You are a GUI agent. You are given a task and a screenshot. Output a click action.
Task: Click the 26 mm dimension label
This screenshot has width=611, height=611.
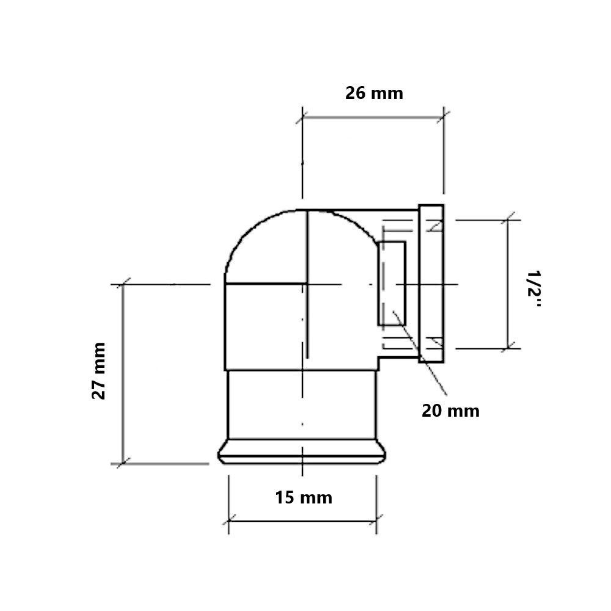pyautogui.click(x=374, y=93)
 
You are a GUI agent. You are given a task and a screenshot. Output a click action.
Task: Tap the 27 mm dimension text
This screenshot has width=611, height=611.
pyautogui.click(x=99, y=371)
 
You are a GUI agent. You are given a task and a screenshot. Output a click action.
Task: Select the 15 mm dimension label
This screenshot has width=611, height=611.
pyautogui.click(x=304, y=497)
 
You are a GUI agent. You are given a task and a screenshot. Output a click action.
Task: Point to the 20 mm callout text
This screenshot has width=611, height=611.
pyautogui.click(x=450, y=411)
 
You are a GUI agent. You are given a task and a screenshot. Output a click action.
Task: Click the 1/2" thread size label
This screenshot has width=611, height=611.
pyautogui.click(x=534, y=289)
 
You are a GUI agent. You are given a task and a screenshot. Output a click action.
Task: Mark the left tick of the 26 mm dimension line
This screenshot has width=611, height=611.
pyautogui.click(x=302, y=117)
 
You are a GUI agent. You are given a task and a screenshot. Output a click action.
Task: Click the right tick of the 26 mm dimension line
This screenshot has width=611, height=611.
pyautogui.click(x=444, y=117)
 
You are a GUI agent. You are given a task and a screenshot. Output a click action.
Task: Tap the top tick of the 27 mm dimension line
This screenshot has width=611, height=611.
pyautogui.click(x=123, y=285)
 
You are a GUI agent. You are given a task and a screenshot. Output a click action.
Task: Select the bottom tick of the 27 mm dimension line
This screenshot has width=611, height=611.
pyautogui.click(x=123, y=464)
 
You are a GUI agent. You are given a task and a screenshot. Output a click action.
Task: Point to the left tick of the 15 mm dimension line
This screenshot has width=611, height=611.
pyautogui.click(x=229, y=521)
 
